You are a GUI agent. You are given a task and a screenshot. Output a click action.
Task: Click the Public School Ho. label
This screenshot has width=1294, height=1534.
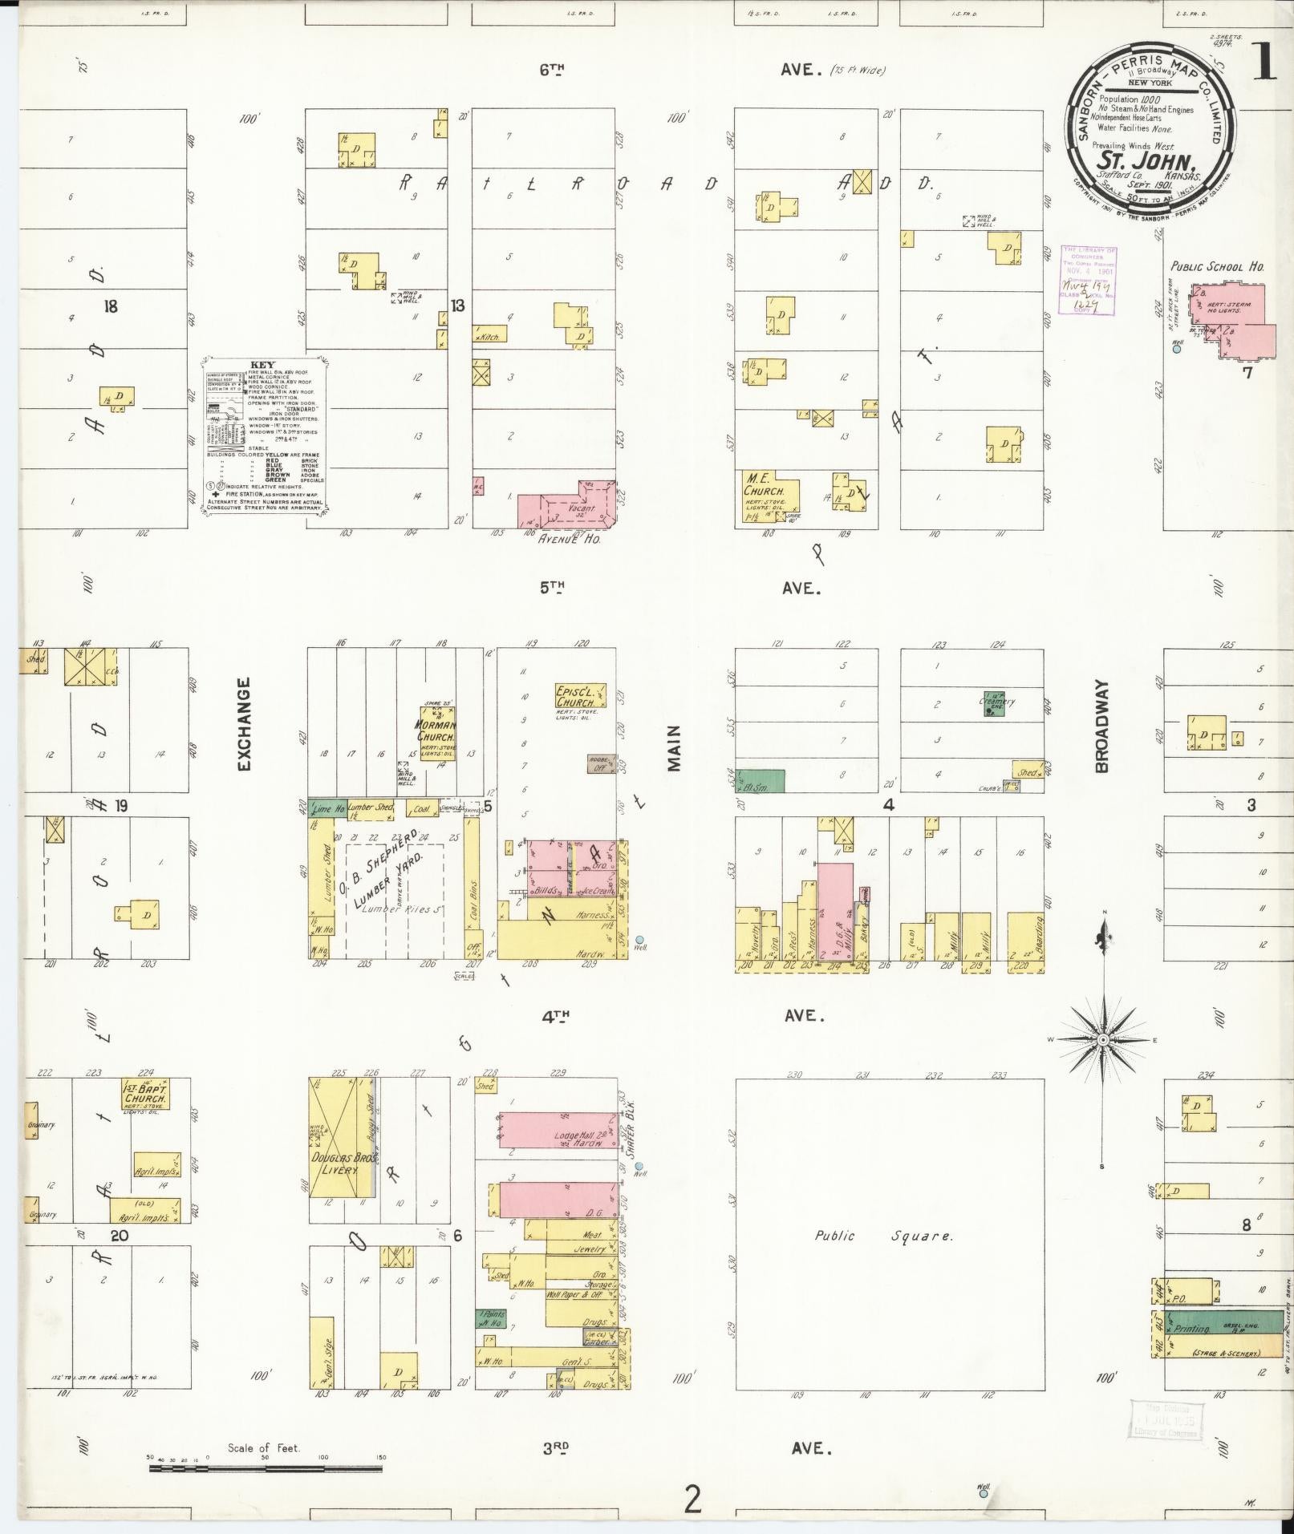click(1216, 267)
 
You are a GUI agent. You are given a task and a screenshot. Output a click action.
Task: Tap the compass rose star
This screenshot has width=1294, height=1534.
click(1103, 1040)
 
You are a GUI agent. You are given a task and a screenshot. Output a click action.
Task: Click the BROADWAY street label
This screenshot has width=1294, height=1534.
click(1101, 727)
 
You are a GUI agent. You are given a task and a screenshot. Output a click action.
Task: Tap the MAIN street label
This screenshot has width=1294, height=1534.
click(674, 748)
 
